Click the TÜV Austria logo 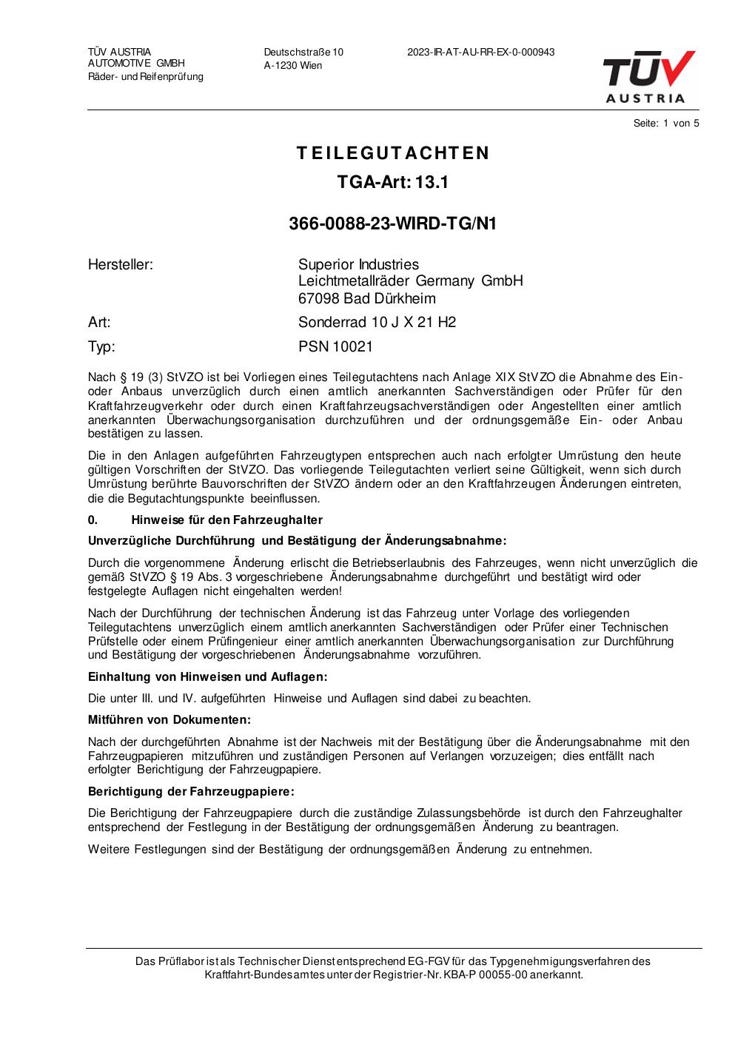pyautogui.click(x=648, y=76)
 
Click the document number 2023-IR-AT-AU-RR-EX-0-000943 pyautogui.click(x=480, y=53)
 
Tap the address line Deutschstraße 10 pyautogui.click(x=303, y=53)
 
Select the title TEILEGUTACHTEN pyautogui.click(x=393, y=153)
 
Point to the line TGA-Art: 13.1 pyautogui.click(x=393, y=182)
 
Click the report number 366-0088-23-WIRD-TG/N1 pyautogui.click(x=392, y=223)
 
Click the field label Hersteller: pyautogui.click(x=121, y=265)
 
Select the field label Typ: pyautogui.click(x=101, y=346)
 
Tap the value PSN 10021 pyautogui.click(x=335, y=346)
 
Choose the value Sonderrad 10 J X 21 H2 pyautogui.click(x=377, y=322)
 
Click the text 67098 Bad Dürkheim pyautogui.click(x=367, y=299)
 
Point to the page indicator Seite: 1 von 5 pyautogui.click(x=666, y=124)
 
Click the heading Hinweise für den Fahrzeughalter pyautogui.click(x=226, y=520)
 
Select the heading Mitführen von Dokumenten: pyautogui.click(x=170, y=720)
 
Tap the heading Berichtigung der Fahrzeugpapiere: pyautogui.click(x=191, y=792)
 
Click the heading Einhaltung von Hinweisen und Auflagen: pyautogui.click(x=207, y=677)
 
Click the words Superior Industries pyautogui.click(x=358, y=265)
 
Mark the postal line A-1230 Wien pyautogui.click(x=293, y=66)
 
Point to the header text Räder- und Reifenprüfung pyautogui.click(x=146, y=77)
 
